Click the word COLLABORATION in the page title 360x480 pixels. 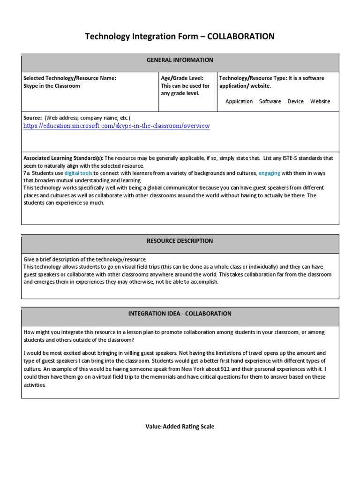click(x=239, y=37)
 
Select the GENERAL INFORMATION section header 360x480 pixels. click(x=180, y=60)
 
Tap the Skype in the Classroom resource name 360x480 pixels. click(x=52, y=86)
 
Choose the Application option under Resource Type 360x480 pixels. click(x=239, y=101)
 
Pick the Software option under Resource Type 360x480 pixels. click(x=270, y=101)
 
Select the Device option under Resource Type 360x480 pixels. click(x=295, y=101)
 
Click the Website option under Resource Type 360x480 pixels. click(x=320, y=101)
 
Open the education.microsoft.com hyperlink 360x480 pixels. click(x=117, y=126)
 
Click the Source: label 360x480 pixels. click(x=33, y=118)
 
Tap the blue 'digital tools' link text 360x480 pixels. click(x=78, y=173)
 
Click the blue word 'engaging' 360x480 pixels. click(x=269, y=173)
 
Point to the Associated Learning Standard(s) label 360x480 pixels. click(x=63, y=158)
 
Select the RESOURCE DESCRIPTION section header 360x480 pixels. click(x=180, y=241)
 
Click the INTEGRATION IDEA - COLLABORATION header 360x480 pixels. click(x=180, y=314)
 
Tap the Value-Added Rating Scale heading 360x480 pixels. click(x=180, y=427)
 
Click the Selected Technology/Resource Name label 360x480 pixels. click(x=70, y=78)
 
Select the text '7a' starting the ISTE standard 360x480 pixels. click(x=27, y=173)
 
